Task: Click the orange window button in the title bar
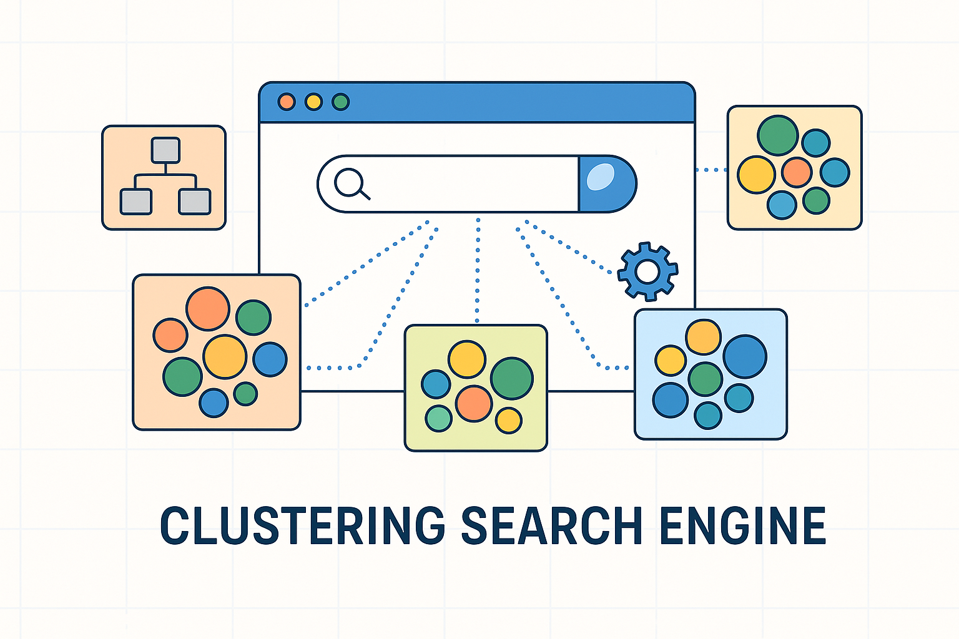pyautogui.click(x=287, y=102)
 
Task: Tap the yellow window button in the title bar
pyautogui.click(x=313, y=102)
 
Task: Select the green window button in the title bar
pyautogui.click(x=340, y=102)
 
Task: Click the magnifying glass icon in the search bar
pyautogui.click(x=352, y=184)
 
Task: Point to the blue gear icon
pyautogui.click(x=647, y=271)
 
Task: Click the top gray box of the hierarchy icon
pyautogui.click(x=165, y=150)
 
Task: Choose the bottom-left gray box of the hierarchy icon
pyautogui.click(x=136, y=202)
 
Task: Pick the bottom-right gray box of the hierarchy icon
pyautogui.click(x=195, y=202)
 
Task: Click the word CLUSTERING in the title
pyautogui.click(x=302, y=525)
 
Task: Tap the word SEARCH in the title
pyautogui.click(x=552, y=525)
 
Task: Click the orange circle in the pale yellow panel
pyautogui.click(x=797, y=172)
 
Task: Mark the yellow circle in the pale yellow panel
pyautogui.click(x=756, y=175)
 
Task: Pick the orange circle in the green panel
pyautogui.click(x=474, y=403)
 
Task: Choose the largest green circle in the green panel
pyautogui.click(x=512, y=378)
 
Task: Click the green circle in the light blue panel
pyautogui.click(x=706, y=379)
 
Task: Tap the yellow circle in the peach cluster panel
pyautogui.click(x=225, y=357)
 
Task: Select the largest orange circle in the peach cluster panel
pyautogui.click(x=208, y=308)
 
